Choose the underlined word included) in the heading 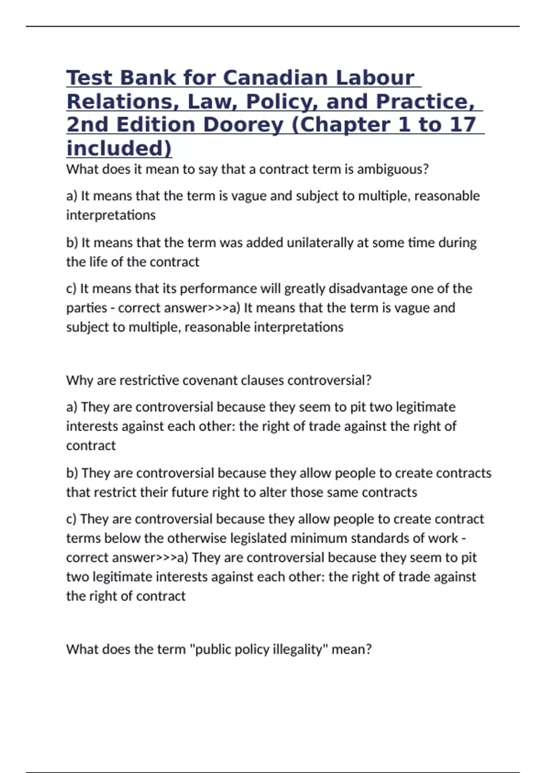[x=119, y=149]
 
